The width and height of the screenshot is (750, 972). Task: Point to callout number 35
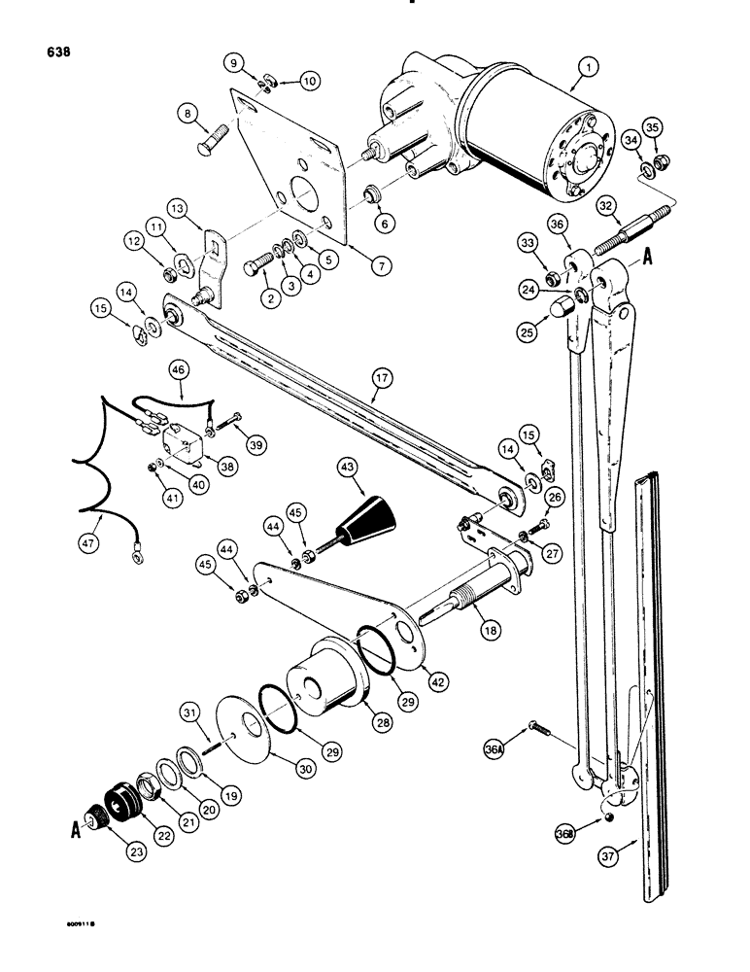pyautogui.click(x=651, y=126)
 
